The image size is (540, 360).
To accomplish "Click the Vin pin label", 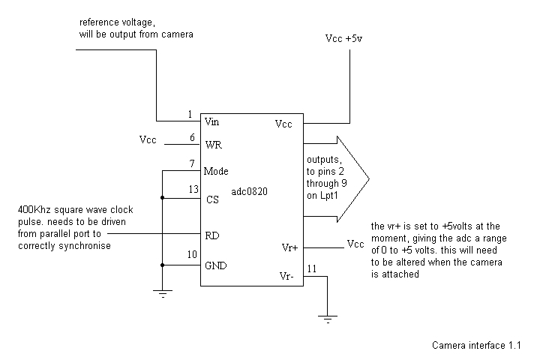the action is [x=211, y=121].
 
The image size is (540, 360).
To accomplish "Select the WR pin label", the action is [x=214, y=145].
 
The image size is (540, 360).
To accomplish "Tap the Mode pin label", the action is [x=216, y=171].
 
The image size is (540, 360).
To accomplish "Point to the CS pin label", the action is [x=212, y=199].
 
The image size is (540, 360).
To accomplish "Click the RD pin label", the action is [x=212, y=235].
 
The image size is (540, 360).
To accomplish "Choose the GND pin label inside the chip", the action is [x=216, y=265].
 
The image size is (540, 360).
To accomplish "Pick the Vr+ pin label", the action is [x=289, y=247].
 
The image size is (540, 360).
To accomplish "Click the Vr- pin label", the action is [x=286, y=276].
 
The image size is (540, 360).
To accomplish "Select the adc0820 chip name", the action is [x=249, y=191].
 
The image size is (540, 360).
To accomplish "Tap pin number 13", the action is [x=193, y=189].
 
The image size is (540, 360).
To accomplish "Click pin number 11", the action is [x=312, y=268].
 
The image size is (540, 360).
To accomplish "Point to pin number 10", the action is [x=192, y=254].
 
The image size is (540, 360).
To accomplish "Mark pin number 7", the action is [x=192, y=163].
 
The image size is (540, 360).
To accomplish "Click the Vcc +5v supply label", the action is [x=343, y=38].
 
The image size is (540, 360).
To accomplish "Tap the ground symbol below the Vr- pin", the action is [x=328, y=319].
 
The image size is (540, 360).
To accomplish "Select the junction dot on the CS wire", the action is [x=163, y=198].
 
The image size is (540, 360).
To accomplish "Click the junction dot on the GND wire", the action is [x=163, y=265].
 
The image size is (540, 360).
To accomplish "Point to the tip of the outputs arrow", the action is [x=370, y=178].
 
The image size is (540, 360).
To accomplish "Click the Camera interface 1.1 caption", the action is [x=477, y=345].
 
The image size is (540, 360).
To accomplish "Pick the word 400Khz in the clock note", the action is [x=34, y=210].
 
